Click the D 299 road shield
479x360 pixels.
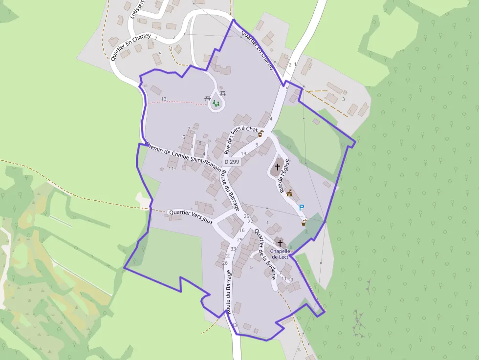click(x=232, y=162)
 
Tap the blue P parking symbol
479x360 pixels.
click(x=302, y=208)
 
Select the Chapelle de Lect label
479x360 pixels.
click(x=281, y=254)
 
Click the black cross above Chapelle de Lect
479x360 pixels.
click(x=280, y=242)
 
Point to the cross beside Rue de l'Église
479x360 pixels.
click(x=278, y=167)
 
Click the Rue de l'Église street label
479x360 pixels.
click(x=284, y=176)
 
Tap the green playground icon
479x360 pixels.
click(x=216, y=104)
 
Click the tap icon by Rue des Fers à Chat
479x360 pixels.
click(x=261, y=133)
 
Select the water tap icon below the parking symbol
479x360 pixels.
click(x=304, y=223)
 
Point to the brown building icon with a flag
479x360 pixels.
click(x=290, y=193)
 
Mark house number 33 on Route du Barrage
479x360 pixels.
click(x=233, y=249)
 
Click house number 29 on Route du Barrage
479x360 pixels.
click(x=239, y=239)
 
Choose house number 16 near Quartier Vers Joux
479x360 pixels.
click(x=241, y=230)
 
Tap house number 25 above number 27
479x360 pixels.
click(x=246, y=216)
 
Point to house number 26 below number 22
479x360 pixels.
click(x=225, y=263)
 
